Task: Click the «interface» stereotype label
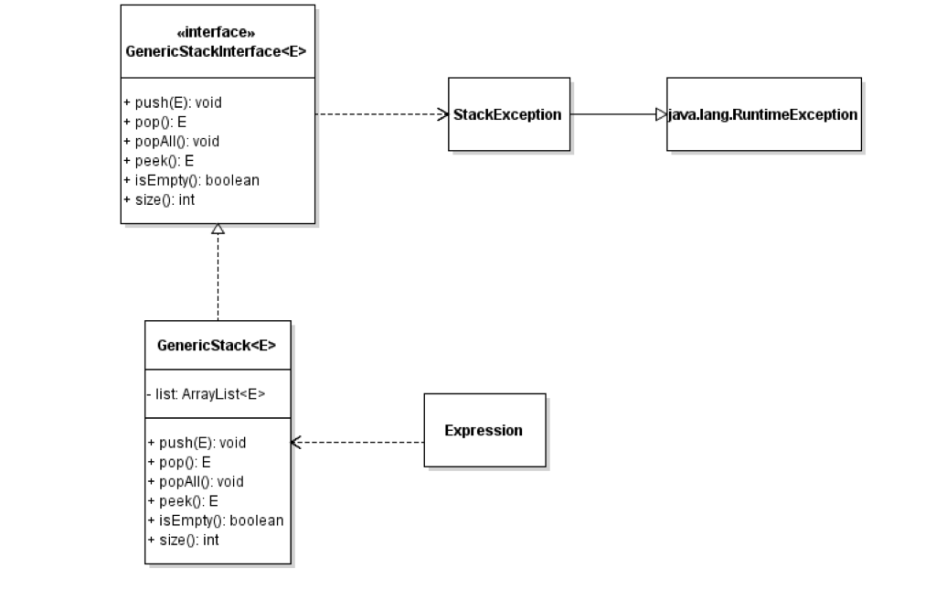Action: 217,32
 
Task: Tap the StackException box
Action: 508,114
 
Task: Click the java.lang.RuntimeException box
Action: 763,114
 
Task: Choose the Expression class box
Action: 484,430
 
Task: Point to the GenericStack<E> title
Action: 218,345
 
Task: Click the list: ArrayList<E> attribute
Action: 207,394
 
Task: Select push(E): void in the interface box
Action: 174,102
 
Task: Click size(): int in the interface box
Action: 159,199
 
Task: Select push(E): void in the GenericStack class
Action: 197,442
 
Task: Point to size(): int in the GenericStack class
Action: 184,540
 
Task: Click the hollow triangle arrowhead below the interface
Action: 218,230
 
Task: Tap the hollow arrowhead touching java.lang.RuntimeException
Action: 661,114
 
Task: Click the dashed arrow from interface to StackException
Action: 379,114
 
